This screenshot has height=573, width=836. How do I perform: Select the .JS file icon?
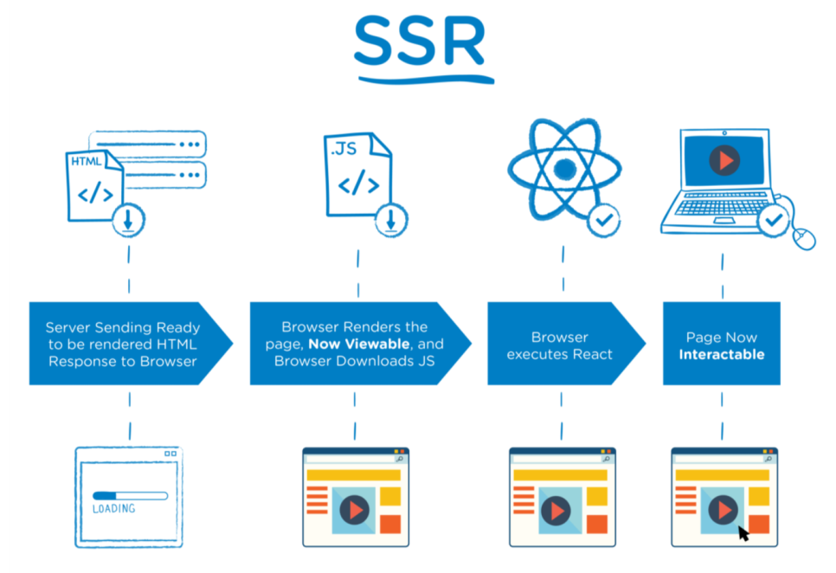coord(355,177)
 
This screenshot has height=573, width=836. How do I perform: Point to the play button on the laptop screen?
coord(724,160)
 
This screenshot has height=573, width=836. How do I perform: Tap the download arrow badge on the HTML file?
coord(128,221)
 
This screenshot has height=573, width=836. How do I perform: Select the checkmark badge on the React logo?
coord(603,220)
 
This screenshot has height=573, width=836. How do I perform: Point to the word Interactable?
coord(721,355)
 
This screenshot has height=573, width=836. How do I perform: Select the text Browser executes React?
coord(559,345)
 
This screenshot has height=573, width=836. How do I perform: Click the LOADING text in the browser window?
coord(113,508)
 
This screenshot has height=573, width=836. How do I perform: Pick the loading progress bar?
coord(129,496)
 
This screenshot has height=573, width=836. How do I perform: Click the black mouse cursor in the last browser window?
coord(743,531)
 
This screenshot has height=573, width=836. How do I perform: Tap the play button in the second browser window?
coord(352,511)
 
